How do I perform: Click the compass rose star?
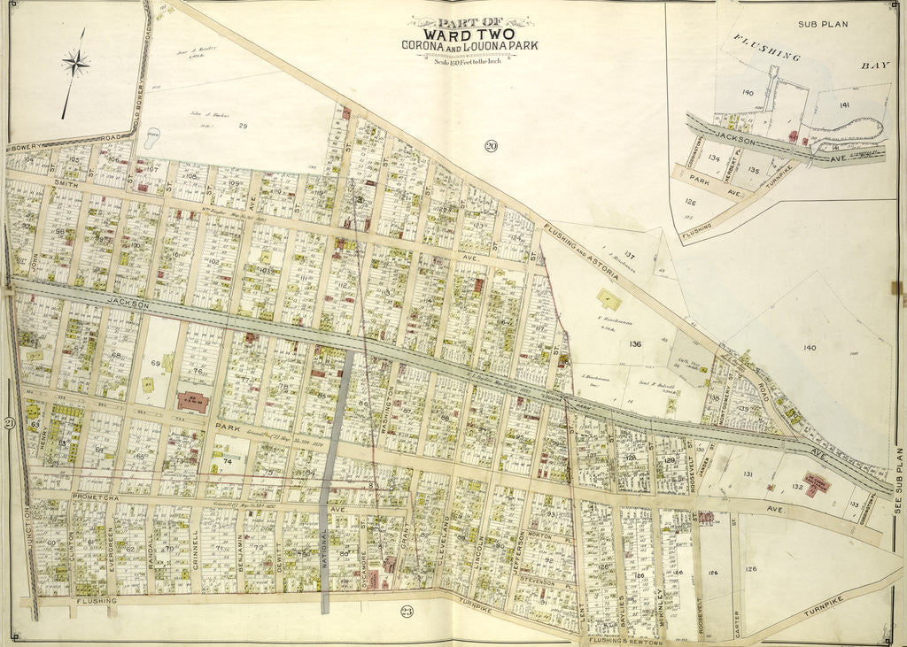76,63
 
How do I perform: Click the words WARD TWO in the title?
469,34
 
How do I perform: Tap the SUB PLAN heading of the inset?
822,24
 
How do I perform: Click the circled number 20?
490,146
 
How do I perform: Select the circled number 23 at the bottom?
407,611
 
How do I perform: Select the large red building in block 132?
816,482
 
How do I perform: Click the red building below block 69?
192,402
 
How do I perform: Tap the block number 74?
228,461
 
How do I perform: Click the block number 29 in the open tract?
242,127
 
